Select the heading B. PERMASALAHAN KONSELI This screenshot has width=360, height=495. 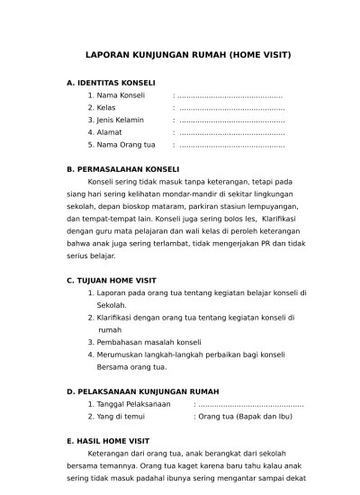[x=123, y=169]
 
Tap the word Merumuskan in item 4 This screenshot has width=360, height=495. [x=121, y=355]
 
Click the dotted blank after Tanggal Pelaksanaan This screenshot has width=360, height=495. [x=255, y=404]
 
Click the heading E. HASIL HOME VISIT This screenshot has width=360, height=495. [x=107, y=442]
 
